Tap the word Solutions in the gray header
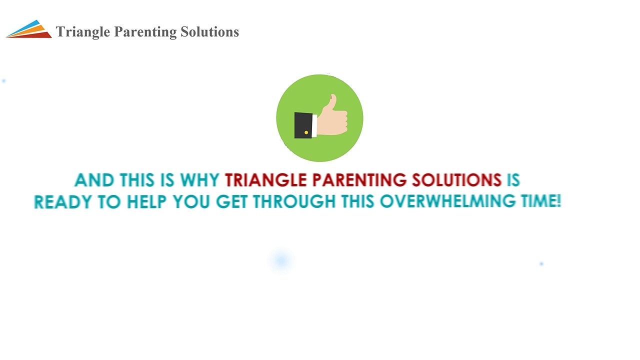coord(209,32)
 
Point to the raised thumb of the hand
coord(331,102)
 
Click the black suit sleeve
coord(303,125)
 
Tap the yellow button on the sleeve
coord(306,132)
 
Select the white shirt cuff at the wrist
coord(314,125)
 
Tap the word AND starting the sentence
coord(94,180)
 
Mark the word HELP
coord(147,202)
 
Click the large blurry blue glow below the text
coord(281,260)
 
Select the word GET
coord(232,202)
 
